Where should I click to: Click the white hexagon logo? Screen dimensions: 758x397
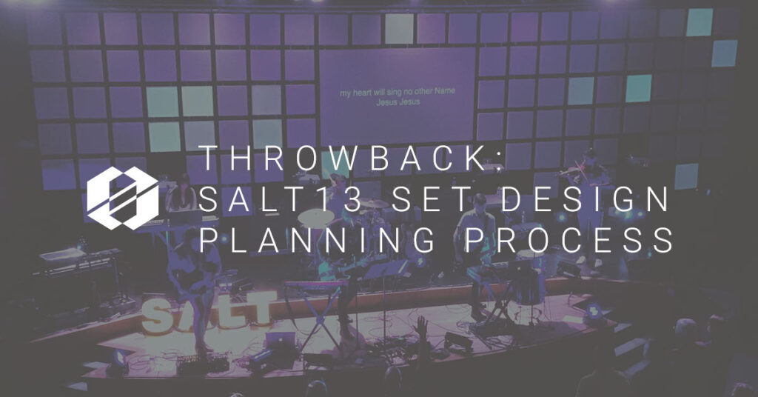point(123,198)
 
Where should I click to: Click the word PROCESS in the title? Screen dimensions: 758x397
point(563,240)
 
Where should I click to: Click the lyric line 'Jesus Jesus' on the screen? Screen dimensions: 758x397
point(398,102)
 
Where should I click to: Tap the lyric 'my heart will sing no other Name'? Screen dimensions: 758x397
point(398,92)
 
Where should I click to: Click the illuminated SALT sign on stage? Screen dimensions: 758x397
point(209,312)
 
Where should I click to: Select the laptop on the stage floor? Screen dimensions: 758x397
point(281,340)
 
